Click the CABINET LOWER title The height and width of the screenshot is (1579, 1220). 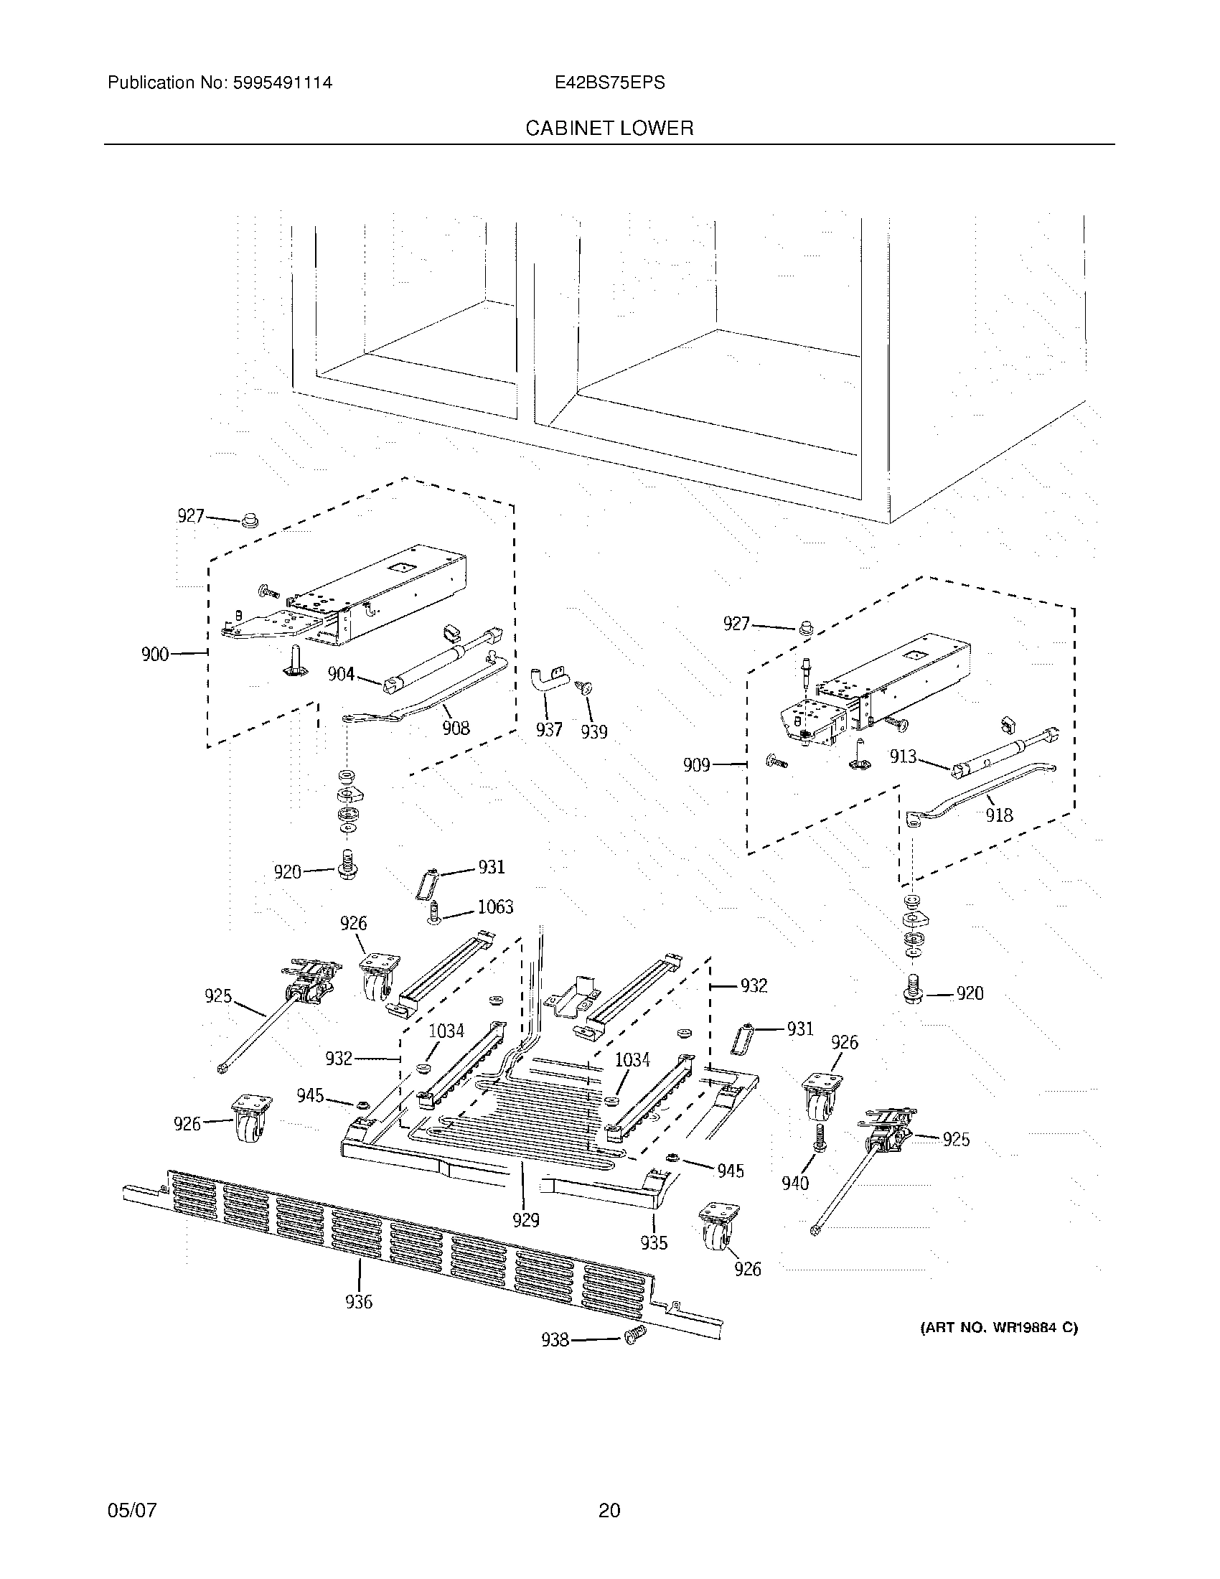609,128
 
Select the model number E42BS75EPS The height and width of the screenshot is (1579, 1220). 609,83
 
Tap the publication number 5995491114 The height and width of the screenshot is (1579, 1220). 283,83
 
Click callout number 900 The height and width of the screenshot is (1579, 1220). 155,655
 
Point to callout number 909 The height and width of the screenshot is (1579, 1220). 697,765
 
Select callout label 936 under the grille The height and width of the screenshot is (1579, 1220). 359,1302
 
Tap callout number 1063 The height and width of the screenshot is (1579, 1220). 495,906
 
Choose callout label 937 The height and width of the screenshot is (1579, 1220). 548,729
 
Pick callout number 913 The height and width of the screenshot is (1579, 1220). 903,756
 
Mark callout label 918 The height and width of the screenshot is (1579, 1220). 1000,815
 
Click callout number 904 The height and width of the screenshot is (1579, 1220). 341,674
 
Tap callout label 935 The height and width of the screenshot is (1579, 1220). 653,1243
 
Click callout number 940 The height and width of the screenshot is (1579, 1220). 795,1184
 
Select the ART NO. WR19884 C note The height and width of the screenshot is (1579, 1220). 999,1328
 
